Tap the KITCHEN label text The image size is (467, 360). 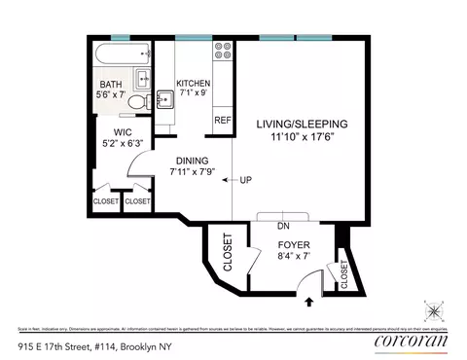192,84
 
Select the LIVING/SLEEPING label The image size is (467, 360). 302,125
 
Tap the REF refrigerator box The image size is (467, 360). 222,120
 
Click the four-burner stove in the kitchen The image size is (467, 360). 222,49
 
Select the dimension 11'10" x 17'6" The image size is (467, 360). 302,137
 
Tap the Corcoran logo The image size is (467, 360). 410,343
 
